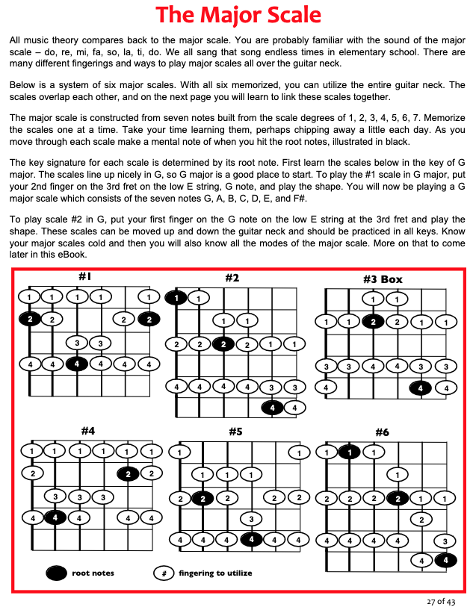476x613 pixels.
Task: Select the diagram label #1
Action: tap(84, 276)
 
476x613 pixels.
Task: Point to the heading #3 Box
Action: tap(383, 279)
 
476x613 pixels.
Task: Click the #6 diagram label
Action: tap(382, 432)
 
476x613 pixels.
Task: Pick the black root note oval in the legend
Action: tap(56, 573)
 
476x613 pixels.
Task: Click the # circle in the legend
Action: tap(163, 573)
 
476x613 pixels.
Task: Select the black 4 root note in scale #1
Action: tap(76, 364)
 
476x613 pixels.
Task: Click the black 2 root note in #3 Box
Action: tap(372, 322)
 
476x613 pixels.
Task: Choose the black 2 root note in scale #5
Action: tap(201, 498)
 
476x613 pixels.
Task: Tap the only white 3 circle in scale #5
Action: tap(251, 519)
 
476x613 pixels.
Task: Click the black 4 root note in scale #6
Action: tap(446, 559)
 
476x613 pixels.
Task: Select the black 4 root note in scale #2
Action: tap(273, 408)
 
